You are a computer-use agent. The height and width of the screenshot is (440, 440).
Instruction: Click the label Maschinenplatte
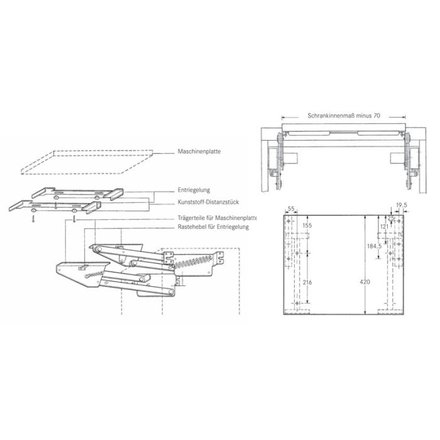tap(199, 151)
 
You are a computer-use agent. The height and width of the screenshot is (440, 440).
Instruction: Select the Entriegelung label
tap(194, 190)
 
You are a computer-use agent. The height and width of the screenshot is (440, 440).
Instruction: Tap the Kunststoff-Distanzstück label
tap(208, 202)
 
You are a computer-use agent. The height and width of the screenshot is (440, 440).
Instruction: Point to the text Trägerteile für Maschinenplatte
tap(217, 218)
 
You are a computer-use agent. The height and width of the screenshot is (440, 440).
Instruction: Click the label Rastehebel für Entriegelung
tap(213, 227)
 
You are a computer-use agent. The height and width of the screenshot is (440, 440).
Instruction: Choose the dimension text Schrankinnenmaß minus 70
tap(344, 116)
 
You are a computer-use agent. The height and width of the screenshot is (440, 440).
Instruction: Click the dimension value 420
tap(365, 282)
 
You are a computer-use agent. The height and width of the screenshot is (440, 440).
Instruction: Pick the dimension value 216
tap(307, 282)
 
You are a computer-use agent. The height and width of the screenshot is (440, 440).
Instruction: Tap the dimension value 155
tap(307, 225)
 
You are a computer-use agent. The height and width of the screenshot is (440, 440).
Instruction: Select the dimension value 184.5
tap(375, 246)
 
